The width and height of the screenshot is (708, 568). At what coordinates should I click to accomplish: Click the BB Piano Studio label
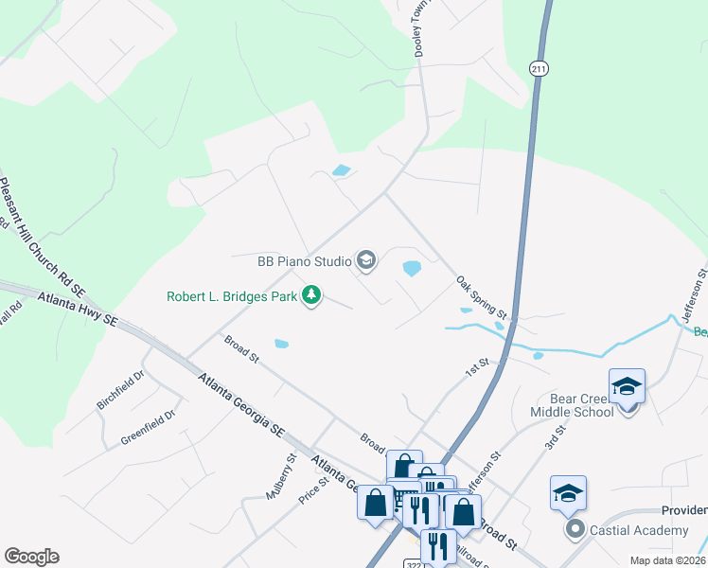[303, 260]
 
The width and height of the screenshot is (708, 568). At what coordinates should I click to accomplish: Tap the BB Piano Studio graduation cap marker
[365, 259]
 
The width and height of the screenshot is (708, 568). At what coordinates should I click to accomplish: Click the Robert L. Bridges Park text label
[232, 296]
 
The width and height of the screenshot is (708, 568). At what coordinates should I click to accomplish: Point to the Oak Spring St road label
[482, 296]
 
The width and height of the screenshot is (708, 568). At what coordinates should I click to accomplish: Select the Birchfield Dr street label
[120, 389]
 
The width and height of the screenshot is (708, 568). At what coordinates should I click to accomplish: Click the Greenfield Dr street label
[148, 428]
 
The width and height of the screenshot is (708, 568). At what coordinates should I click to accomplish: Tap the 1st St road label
[476, 367]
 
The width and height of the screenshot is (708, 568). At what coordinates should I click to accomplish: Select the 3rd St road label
[556, 438]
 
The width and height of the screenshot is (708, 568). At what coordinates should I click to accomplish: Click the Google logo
[31, 557]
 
